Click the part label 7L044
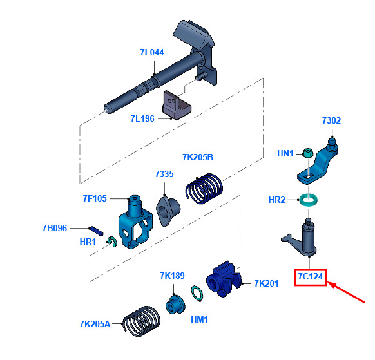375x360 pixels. pos(152,52)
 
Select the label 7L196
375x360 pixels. pos(142,118)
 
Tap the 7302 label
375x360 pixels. pos(331,120)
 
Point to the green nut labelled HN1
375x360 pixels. pos(308,153)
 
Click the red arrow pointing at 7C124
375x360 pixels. pos(346,292)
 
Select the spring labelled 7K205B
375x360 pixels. pos(204,188)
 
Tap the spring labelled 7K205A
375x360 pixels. pos(141,321)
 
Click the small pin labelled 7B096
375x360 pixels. pos(96,231)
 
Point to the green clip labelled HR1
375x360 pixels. pos(112,242)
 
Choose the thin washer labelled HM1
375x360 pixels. pos(197,293)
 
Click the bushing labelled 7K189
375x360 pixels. pos(175,305)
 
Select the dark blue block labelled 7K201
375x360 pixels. pos(224,279)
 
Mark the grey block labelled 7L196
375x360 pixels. pos(177,105)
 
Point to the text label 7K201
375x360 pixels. pos(266,283)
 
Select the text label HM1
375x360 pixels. pos(199,319)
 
